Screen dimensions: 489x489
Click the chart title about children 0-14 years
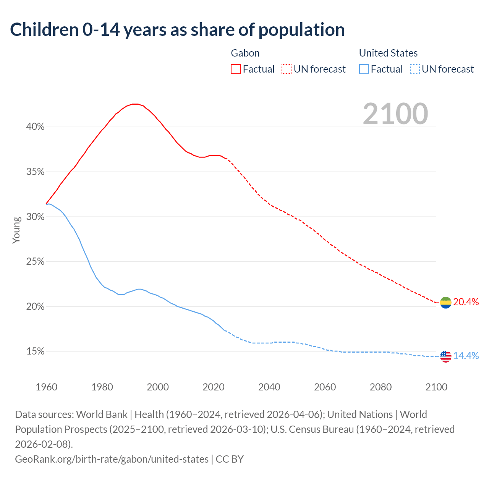(x=177, y=30)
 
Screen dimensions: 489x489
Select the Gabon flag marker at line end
(x=445, y=303)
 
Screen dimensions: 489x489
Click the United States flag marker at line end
(x=445, y=356)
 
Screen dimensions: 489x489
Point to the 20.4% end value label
(x=466, y=302)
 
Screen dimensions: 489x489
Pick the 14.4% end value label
(x=466, y=356)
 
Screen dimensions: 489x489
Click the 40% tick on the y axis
(x=35, y=127)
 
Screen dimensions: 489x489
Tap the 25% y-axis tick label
(x=35, y=262)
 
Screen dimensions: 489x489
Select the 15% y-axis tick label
(x=35, y=351)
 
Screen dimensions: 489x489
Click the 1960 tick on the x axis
(x=46, y=387)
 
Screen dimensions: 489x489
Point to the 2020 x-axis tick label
(x=214, y=387)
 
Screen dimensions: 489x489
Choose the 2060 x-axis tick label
(x=325, y=387)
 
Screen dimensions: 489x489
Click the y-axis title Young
(x=16, y=230)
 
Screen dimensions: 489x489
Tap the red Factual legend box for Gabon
(x=236, y=69)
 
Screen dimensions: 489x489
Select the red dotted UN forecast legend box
(x=287, y=69)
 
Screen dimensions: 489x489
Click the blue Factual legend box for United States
(x=364, y=69)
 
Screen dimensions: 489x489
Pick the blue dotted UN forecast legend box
(x=415, y=69)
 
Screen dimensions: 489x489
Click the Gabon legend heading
(x=245, y=53)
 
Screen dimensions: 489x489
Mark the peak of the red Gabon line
(x=135, y=104)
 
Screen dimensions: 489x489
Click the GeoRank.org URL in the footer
(x=112, y=459)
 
